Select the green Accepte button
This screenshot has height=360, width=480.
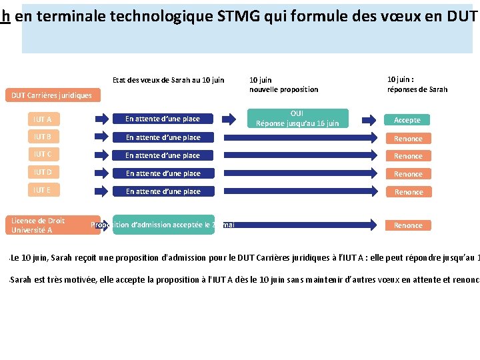[x=407, y=120]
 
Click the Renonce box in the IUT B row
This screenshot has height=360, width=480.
[x=408, y=138]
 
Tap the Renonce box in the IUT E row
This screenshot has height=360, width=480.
[x=408, y=192]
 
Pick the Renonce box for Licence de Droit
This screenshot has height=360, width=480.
[x=408, y=225]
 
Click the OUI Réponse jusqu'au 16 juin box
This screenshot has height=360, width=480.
[x=297, y=119]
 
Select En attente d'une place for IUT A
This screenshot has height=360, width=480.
[x=163, y=119]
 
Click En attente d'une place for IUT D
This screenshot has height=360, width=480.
[x=163, y=173]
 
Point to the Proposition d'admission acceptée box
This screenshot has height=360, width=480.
[x=163, y=225]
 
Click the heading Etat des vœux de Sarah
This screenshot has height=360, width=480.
[x=168, y=80]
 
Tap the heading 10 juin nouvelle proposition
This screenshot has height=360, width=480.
[x=283, y=85]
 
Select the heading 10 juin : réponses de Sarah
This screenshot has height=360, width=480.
[x=417, y=84]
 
